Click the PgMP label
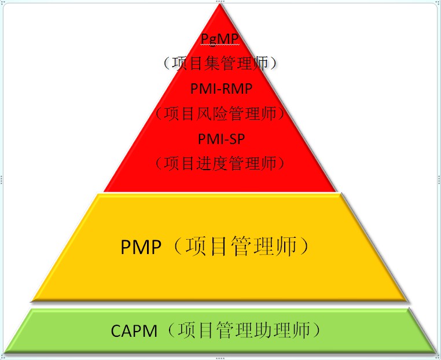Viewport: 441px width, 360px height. coord(220,39)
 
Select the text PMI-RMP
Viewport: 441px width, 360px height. coord(221,89)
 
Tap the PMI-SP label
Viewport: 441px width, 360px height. coord(221,139)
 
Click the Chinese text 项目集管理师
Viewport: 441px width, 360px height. coord(220,63)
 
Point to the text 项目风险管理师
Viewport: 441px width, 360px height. coord(220,113)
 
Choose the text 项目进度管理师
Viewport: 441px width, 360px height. coord(220,164)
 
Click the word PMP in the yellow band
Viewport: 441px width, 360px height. coord(141,248)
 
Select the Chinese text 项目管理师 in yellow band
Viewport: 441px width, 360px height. coord(241,247)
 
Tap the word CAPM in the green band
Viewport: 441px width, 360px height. coord(134,331)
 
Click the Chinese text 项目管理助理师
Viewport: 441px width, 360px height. coord(243,331)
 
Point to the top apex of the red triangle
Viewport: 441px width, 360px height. coord(220,5)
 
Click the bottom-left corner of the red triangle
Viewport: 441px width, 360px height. coord(104,191)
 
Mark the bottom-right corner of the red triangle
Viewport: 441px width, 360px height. coord(336,191)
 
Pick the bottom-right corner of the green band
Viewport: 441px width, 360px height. coord(436,351)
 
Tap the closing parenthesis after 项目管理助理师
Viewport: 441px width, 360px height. coord(317,331)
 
